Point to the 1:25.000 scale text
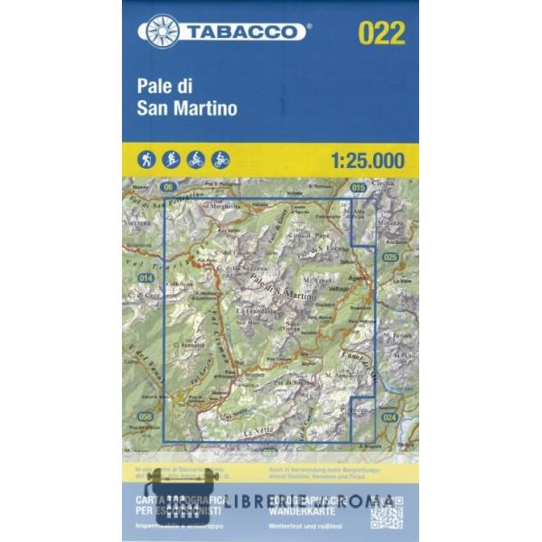pyautogui.click(x=367, y=161)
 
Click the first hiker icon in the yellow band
pyautogui.click(x=147, y=160)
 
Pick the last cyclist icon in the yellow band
pyautogui.click(x=220, y=160)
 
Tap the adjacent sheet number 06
pyautogui.click(x=167, y=186)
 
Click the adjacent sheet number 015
pyautogui.click(x=358, y=187)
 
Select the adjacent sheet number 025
pyautogui.click(x=389, y=257)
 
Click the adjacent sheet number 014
pyautogui.click(x=145, y=277)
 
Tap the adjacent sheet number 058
pyautogui.click(x=145, y=416)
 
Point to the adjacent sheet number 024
pyautogui.click(x=389, y=416)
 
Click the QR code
pyautogui.click(x=387, y=511)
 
